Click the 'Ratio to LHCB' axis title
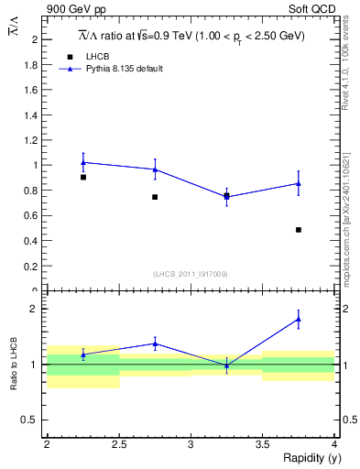click(x=13, y=364)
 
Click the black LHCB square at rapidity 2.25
click(x=83, y=177)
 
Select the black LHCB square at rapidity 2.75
click(x=155, y=197)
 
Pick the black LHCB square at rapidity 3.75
click(x=299, y=229)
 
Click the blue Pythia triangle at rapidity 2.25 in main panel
click(x=83, y=162)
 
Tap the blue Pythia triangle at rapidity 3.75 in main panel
click(x=299, y=183)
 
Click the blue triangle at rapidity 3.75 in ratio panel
click(x=299, y=320)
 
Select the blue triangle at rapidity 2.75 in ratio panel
click(x=155, y=344)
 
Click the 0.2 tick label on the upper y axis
click(x=33, y=267)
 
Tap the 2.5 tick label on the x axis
click(x=119, y=444)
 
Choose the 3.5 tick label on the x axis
click(x=263, y=444)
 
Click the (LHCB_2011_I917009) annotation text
click(x=191, y=274)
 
